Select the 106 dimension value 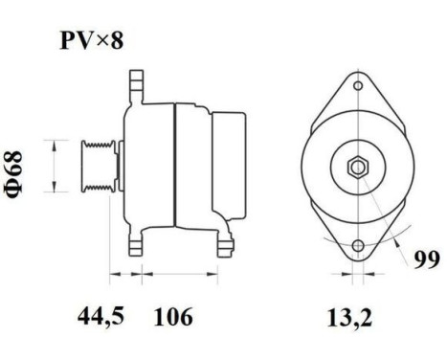[172, 316]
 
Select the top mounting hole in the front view [356, 87]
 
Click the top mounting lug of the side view [136, 80]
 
